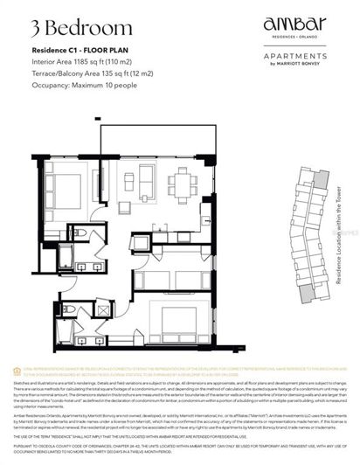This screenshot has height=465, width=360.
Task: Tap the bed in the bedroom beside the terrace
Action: [x=76, y=189]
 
